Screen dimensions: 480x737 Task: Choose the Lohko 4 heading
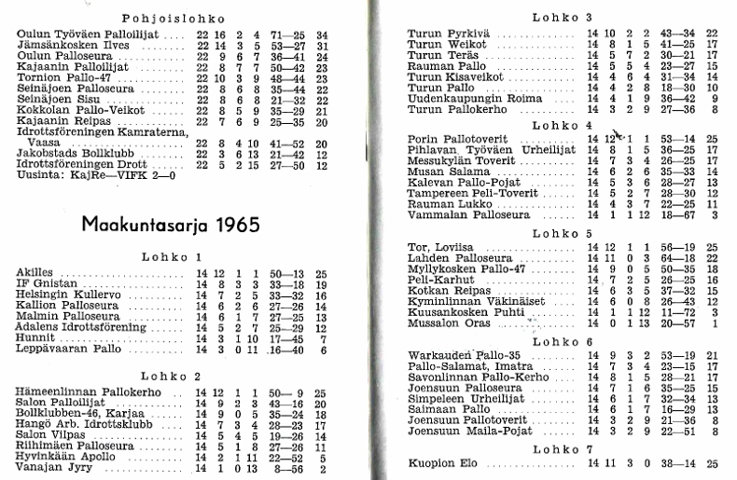point(563,125)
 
